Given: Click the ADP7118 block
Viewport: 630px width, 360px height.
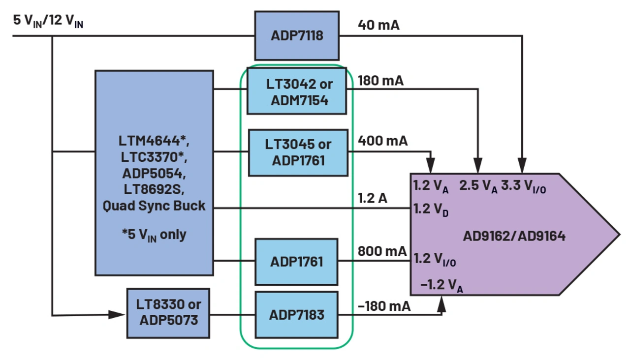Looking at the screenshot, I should [x=297, y=36].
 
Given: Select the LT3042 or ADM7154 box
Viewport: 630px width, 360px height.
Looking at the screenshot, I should [x=297, y=91].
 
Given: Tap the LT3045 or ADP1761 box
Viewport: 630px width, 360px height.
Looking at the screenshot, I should [x=297, y=152].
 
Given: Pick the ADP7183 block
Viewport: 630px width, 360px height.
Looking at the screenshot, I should [x=297, y=315].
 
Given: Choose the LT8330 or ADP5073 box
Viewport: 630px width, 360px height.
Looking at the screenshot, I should [x=168, y=312].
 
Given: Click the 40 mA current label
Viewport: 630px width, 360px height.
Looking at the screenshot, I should [x=379, y=25].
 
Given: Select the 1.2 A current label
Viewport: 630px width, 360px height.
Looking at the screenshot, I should [x=373, y=198].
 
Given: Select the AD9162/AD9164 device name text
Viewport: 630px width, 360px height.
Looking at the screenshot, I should [x=514, y=237].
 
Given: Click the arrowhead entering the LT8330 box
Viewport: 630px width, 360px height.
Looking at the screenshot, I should [x=118, y=314].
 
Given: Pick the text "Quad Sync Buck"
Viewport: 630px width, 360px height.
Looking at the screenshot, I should [x=154, y=206].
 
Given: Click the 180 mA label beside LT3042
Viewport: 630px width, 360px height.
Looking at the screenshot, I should [x=380, y=81].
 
